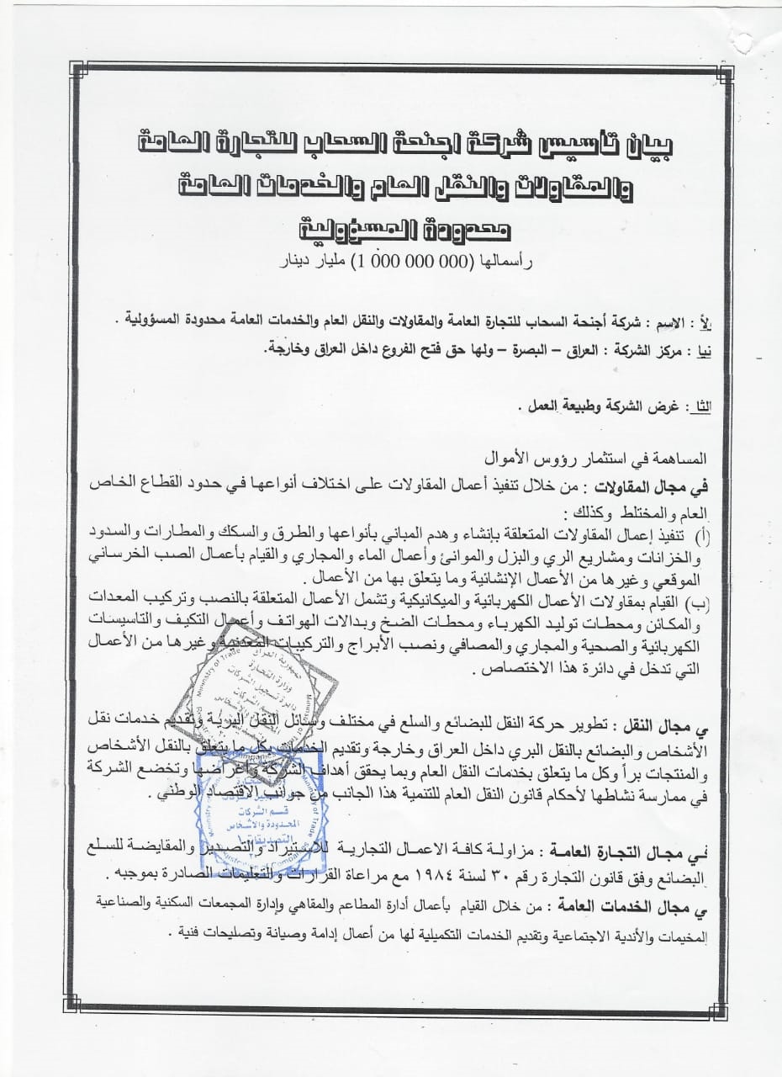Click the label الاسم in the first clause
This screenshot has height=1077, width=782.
coord(670,322)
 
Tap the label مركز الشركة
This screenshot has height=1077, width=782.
coord(631,348)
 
